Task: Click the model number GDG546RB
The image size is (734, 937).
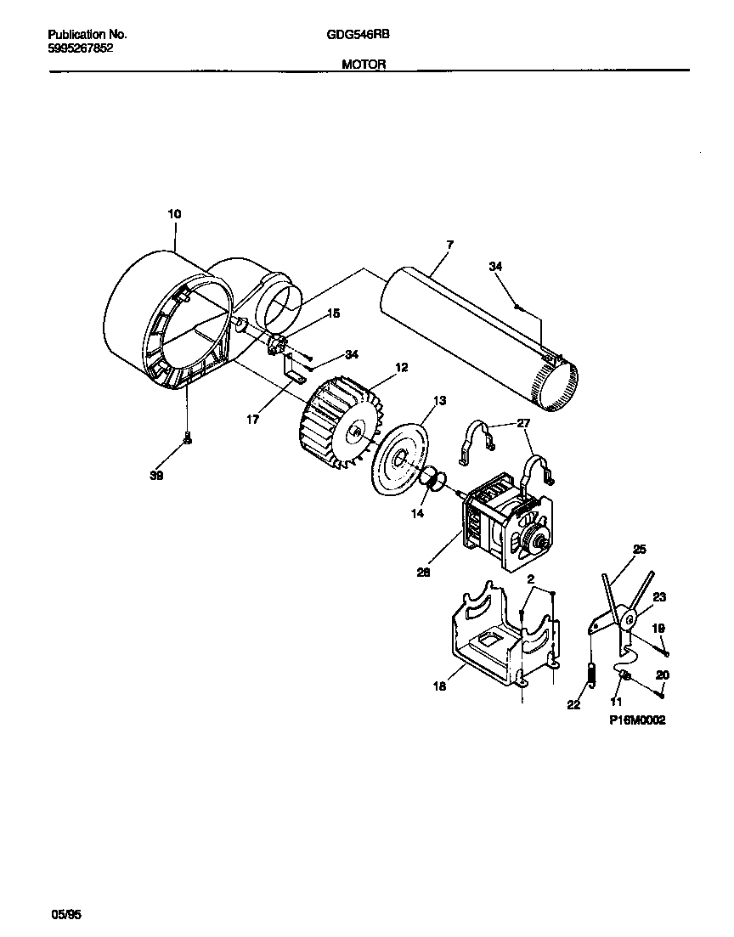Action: [353, 35]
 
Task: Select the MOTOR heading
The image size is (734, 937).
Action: [364, 64]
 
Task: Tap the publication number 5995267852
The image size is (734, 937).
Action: [80, 48]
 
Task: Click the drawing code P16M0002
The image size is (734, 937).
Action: [637, 720]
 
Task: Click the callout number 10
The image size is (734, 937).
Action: [173, 215]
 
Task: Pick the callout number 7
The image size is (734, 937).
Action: [449, 245]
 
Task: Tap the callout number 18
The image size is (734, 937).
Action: [439, 686]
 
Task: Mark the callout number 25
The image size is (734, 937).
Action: [640, 550]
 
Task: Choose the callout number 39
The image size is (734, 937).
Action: [156, 476]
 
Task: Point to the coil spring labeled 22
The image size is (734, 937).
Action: [591, 671]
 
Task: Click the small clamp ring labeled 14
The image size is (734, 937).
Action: [432, 480]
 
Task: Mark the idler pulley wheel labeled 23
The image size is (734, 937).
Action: [630, 620]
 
